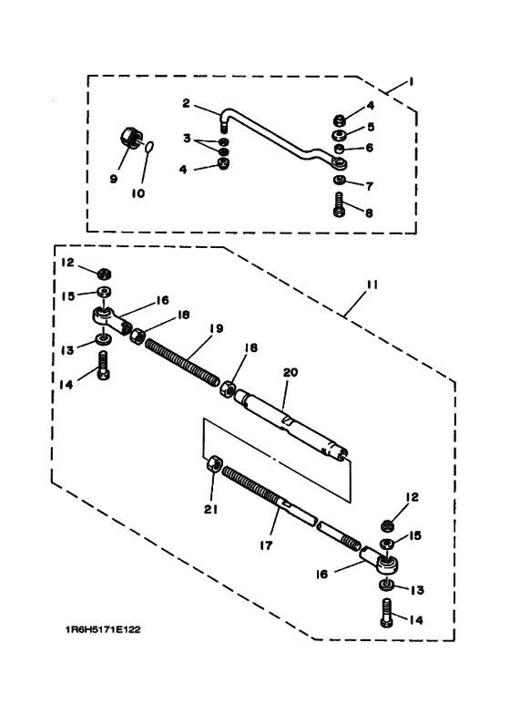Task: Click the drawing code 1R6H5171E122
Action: tap(103, 629)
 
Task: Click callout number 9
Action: tap(114, 179)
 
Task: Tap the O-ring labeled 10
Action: tap(150, 145)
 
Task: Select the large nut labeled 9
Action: tap(132, 136)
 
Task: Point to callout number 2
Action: tap(187, 103)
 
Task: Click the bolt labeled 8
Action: tap(341, 204)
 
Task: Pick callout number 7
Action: tap(370, 186)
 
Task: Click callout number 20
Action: tap(291, 372)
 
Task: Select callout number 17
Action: tap(266, 545)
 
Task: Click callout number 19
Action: tap(216, 328)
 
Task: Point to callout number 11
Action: tap(372, 285)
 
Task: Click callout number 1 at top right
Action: tap(411, 82)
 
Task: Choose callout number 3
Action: tap(187, 138)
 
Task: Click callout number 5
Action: tap(371, 127)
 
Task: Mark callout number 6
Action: tap(370, 148)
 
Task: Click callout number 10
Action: tap(138, 193)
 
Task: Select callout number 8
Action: tap(369, 213)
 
